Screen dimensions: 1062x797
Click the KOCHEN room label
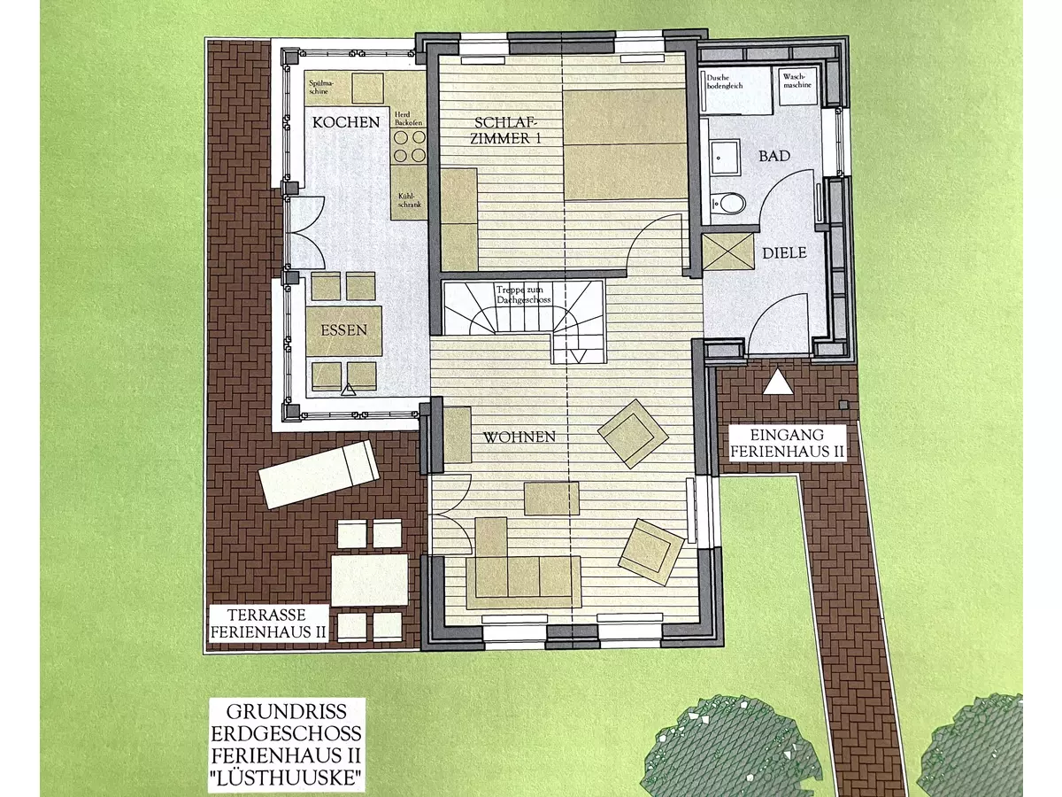pos(345,122)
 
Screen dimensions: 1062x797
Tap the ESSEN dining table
pos(344,330)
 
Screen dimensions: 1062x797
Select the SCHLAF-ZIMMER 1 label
pos(505,130)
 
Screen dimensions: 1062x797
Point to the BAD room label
pos(774,156)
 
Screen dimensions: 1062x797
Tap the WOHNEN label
pos(519,437)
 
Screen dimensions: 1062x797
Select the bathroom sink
pos(725,157)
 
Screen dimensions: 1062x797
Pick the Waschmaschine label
pos(796,81)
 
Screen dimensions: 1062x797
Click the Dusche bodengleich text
pos(724,81)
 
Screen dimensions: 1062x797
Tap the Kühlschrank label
pos(410,201)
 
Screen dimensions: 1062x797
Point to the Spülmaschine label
pos(320,87)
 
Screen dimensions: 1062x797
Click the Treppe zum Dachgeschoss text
pos(523,295)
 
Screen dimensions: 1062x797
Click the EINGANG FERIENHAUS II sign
pos(787,444)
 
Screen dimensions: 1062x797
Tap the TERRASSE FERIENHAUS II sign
pos(268,623)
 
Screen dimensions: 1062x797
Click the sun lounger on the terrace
pos(319,475)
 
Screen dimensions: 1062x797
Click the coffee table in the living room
pos(551,498)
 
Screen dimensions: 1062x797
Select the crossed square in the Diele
pos(727,251)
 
